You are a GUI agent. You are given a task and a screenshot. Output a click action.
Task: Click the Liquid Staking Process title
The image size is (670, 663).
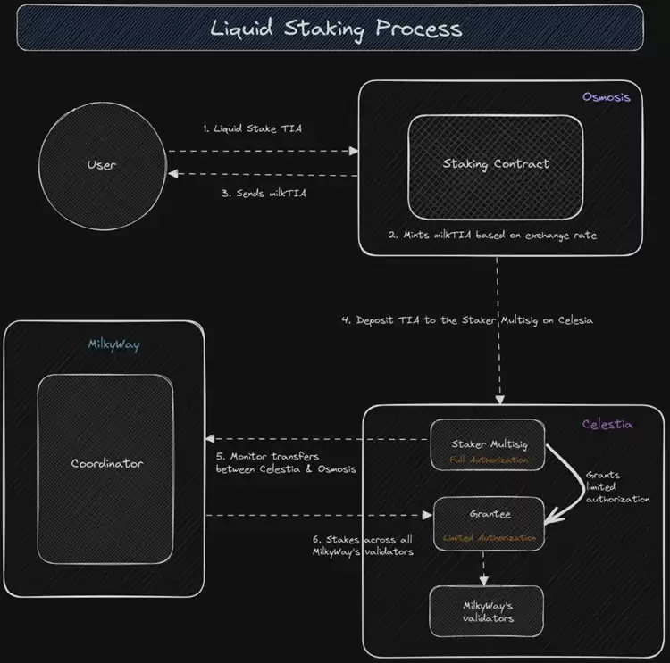(337, 28)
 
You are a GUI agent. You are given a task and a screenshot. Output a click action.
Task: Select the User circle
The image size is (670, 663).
(102, 165)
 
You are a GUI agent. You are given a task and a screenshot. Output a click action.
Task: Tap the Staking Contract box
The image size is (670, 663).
(496, 164)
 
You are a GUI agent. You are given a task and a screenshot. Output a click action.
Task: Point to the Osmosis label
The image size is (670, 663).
(606, 97)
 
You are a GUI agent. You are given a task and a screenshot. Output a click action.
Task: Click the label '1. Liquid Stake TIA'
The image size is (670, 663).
(252, 128)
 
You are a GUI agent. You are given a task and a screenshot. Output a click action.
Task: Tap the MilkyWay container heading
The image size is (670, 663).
(112, 344)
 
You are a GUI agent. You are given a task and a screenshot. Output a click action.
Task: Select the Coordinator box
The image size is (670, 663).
(106, 463)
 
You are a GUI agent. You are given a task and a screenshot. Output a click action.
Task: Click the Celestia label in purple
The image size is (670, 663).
(607, 425)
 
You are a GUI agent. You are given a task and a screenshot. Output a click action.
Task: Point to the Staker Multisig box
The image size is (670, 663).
(488, 444)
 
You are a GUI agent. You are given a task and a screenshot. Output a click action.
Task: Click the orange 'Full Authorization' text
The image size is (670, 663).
(488, 460)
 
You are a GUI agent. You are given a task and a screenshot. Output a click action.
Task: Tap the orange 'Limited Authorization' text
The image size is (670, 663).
(490, 539)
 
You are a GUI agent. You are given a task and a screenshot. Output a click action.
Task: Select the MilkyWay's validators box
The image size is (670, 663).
(488, 611)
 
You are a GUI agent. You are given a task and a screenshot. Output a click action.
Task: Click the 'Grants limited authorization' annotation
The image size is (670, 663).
(617, 487)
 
